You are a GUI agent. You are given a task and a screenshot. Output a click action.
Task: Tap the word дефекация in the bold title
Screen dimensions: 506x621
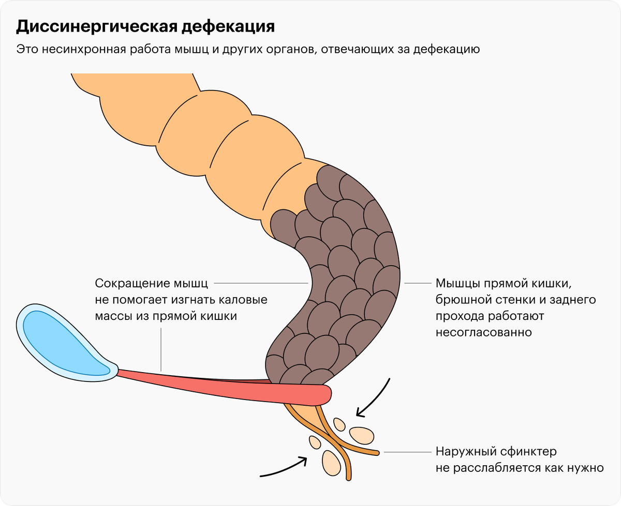pos(228,27)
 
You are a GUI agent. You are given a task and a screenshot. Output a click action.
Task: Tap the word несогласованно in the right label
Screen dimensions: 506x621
pos(484,332)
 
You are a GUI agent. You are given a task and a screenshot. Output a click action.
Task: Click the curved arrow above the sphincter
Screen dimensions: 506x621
pos(375,398)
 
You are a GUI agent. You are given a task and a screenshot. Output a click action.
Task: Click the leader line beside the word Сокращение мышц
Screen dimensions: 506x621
pos(261,283)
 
